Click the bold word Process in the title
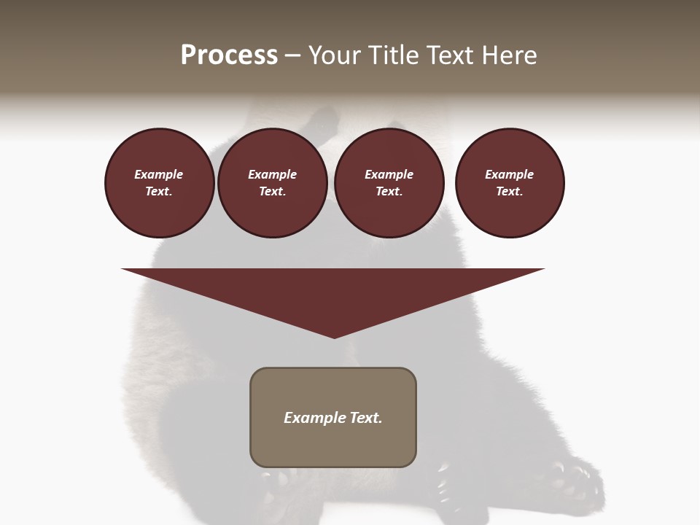[229, 55]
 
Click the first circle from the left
[159, 183]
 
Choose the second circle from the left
[272, 183]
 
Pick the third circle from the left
[389, 183]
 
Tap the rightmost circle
[510, 183]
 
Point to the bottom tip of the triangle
[334, 337]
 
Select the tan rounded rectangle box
[333, 417]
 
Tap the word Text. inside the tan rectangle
[366, 418]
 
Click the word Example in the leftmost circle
[159, 175]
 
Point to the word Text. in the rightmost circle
[510, 192]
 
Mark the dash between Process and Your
[293, 56]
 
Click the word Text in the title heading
[454, 55]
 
